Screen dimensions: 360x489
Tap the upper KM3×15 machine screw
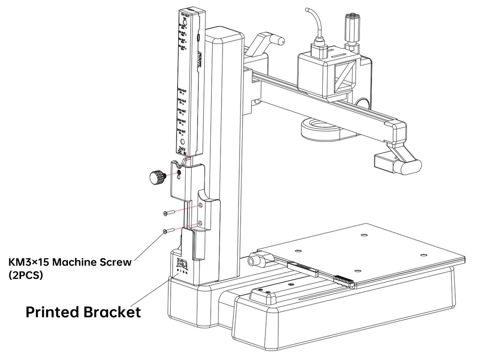[168, 213]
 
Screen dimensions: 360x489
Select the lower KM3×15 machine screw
[168, 231]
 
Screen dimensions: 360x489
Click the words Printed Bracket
[83, 312]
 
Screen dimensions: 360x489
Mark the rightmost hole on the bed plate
[422, 255]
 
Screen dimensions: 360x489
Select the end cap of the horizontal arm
[399, 132]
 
